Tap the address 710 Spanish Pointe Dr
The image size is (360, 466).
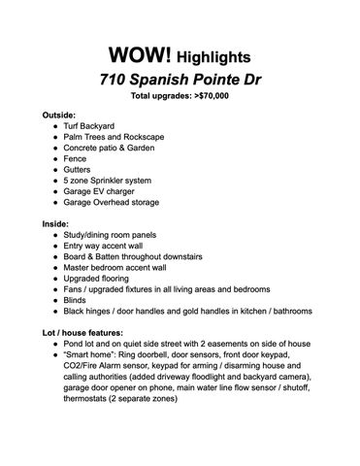pyautogui.click(x=179, y=79)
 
